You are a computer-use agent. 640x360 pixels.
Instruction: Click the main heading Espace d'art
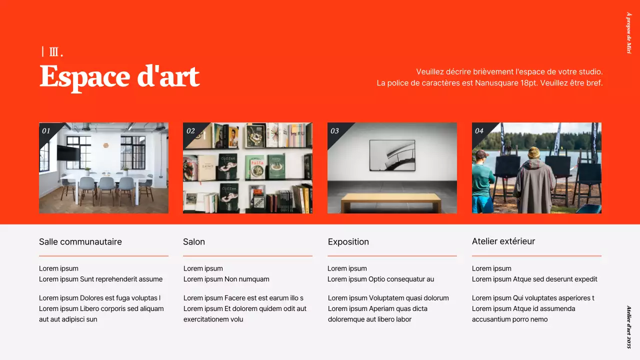(119, 76)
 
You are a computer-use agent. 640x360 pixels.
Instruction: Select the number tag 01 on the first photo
(46, 131)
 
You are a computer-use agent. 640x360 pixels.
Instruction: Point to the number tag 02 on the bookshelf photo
(190, 131)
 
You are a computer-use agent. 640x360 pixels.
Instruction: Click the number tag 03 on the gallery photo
(334, 131)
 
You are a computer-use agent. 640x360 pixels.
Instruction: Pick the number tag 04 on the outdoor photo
(479, 131)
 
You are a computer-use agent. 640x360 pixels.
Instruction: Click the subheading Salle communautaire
(80, 242)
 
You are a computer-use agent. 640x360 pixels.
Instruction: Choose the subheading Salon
(194, 242)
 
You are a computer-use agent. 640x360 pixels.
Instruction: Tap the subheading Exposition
(348, 242)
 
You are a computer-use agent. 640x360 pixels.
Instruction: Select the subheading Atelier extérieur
(503, 241)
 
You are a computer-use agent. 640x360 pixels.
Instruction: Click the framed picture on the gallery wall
(392, 155)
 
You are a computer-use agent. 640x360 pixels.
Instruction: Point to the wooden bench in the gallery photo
(391, 201)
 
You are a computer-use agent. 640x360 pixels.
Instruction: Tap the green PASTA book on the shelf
(257, 166)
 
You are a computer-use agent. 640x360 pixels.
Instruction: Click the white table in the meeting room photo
(105, 178)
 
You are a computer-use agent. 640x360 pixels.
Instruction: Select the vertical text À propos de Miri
(629, 33)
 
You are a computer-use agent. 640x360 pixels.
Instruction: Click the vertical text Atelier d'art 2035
(629, 327)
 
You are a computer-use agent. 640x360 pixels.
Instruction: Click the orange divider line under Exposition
(392, 256)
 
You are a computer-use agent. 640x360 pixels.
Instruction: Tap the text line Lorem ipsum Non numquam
(226, 279)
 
